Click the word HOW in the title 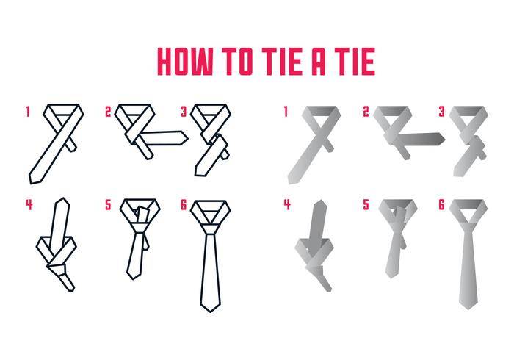pyautogui.click(x=185, y=61)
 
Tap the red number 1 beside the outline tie pyautogui.click(x=28, y=112)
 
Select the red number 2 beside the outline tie pyautogui.click(x=108, y=112)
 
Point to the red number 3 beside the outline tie pyautogui.click(x=184, y=112)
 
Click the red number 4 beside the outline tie pyautogui.click(x=29, y=204)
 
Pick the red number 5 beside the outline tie pyautogui.click(x=108, y=204)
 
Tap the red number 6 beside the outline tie pyautogui.click(x=184, y=204)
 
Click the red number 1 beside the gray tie pyautogui.click(x=286, y=112)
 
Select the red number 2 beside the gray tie pyautogui.click(x=366, y=112)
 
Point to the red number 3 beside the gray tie pyautogui.click(x=441, y=112)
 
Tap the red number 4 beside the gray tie pyautogui.click(x=287, y=204)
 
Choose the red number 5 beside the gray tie pyautogui.click(x=366, y=204)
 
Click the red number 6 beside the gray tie pyautogui.click(x=441, y=204)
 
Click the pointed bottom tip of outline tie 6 pyautogui.click(x=210, y=312)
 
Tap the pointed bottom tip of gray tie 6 pyautogui.click(x=468, y=309)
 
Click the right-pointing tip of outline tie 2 pyautogui.click(x=188, y=138)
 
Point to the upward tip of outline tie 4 pyautogui.click(x=62, y=198)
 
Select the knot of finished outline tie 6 pyautogui.click(x=211, y=228)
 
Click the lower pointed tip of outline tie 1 pyautogui.click(x=31, y=183)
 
